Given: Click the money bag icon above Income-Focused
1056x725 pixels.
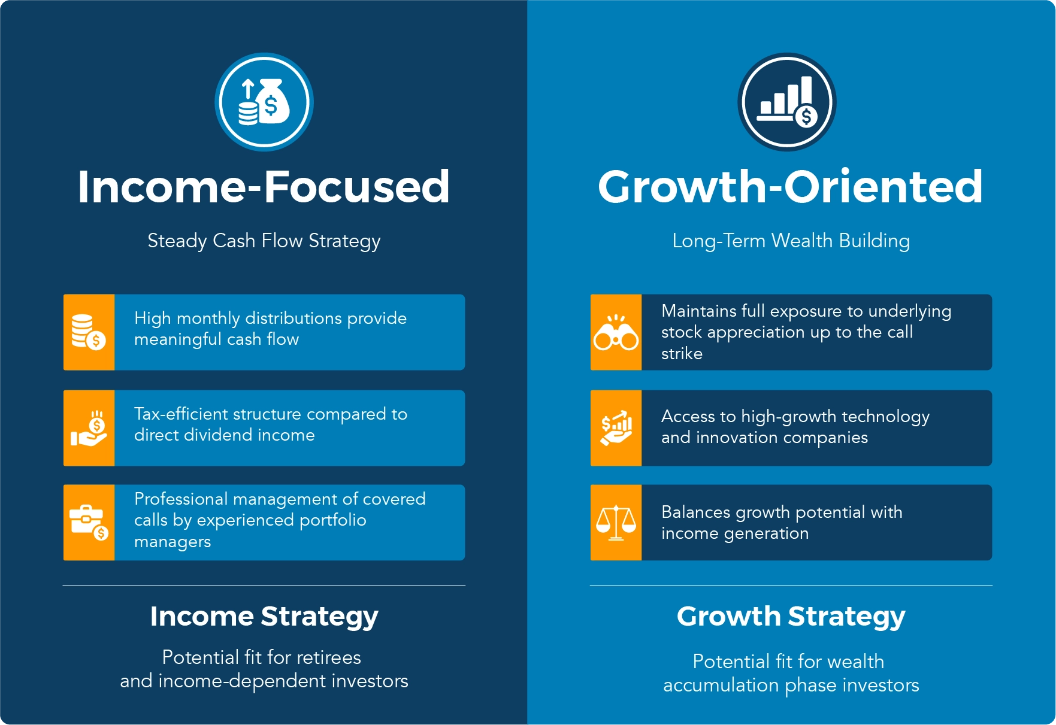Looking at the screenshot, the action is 264,102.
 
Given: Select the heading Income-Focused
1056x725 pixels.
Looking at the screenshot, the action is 264,187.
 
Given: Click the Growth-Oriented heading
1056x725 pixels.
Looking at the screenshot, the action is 790,187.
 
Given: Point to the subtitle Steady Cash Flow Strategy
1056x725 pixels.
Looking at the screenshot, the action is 264,241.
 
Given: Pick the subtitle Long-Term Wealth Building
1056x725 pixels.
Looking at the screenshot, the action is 791,241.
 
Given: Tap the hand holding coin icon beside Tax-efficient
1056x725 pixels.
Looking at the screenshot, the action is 89,428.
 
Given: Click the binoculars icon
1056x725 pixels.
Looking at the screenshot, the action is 616,332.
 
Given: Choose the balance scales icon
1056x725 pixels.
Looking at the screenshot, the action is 616,523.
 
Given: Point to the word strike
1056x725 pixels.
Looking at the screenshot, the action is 682,354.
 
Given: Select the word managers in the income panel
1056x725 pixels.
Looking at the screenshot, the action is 173,542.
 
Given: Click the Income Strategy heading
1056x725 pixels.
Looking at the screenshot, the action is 264,617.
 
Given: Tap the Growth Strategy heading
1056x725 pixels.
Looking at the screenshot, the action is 791,617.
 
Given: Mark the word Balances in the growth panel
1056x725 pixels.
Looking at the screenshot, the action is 696,512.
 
